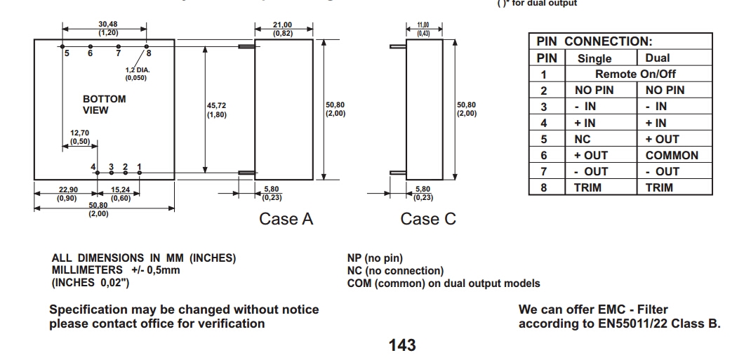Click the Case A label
(x=286, y=219)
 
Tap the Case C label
(x=428, y=219)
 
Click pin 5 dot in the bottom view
(x=62, y=46)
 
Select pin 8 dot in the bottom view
(x=147, y=46)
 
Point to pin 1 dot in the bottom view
(x=140, y=173)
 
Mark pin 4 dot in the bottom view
(x=98, y=173)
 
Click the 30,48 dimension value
(x=108, y=24)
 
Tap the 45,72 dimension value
(x=216, y=105)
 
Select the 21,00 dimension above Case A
(x=283, y=25)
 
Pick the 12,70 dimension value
(x=79, y=133)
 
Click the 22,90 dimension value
(x=67, y=190)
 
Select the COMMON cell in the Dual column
(x=672, y=155)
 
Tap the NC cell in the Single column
(x=583, y=139)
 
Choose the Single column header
(x=594, y=58)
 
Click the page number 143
(x=402, y=345)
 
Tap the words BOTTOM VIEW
(x=105, y=105)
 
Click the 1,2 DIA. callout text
(x=138, y=70)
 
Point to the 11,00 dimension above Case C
(x=423, y=25)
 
